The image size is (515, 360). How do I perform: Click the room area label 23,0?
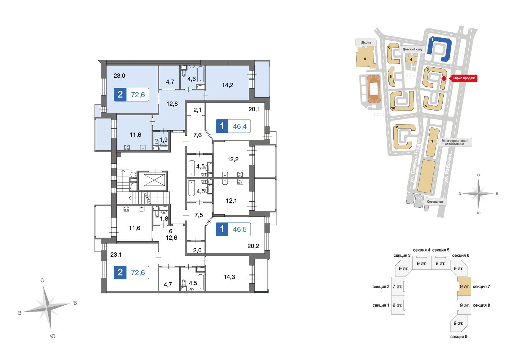(x=119, y=76)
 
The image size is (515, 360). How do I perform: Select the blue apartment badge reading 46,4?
(x=233, y=126)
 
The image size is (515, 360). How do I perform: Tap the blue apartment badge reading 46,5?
(x=233, y=229)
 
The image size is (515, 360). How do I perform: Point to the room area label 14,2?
(x=227, y=85)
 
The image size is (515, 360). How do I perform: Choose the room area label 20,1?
(x=254, y=109)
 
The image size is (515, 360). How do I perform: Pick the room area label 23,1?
(x=116, y=255)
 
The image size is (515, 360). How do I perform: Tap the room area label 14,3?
(x=229, y=277)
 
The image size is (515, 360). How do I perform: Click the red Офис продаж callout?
(x=463, y=78)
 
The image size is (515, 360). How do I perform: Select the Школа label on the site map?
(x=366, y=42)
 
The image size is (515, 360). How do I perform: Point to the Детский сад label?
(x=412, y=49)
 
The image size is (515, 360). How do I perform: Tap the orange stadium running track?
(x=374, y=89)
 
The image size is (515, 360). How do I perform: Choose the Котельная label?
(x=435, y=202)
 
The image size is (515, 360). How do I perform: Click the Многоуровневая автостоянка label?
(x=454, y=142)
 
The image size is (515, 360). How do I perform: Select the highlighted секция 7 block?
(x=464, y=286)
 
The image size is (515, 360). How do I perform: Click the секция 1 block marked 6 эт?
(x=398, y=305)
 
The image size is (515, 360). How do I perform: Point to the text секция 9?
(x=459, y=337)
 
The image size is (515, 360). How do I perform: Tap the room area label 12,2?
(x=233, y=159)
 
